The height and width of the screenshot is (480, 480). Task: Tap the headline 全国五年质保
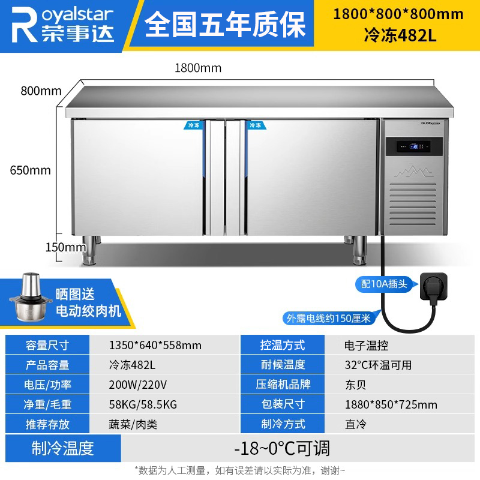pyautogui.click(x=226, y=24)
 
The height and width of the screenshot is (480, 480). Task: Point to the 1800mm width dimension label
pyautogui.click(x=198, y=68)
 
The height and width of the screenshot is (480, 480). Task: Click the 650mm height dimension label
pyautogui.click(x=31, y=170)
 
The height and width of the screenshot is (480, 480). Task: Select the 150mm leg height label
pyautogui.click(x=65, y=247)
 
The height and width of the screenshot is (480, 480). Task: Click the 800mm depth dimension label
pyautogui.click(x=41, y=91)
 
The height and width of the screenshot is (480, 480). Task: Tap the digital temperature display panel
pyautogui.click(x=414, y=146)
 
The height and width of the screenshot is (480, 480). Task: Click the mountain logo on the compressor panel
pyautogui.click(x=414, y=172)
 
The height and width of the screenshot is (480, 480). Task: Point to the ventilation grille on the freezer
pyautogui.click(x=413, y=204)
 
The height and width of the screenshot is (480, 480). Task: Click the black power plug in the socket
pyautogui.click(x=433, y=287)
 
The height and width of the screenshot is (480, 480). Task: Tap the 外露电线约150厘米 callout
pyautogui.click(x=329, y=319)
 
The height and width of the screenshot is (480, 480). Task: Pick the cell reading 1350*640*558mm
pyautogui.click(x=155, y=346)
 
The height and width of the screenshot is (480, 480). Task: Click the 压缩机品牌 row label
pyautogui.click(x=283, y=385)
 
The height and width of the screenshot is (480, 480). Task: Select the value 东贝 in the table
pyautogui.click(x=355, y=385)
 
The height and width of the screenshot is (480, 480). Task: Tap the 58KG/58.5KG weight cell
pyautogui.click(x=143, y=404)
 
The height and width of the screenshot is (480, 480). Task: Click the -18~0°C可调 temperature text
pyautogui.click(x=282, y=448)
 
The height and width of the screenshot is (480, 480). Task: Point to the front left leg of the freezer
pyautogui.click(x=89, y=250)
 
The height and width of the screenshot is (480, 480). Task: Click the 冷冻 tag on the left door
pyautogui.click(x=193, y=125)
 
